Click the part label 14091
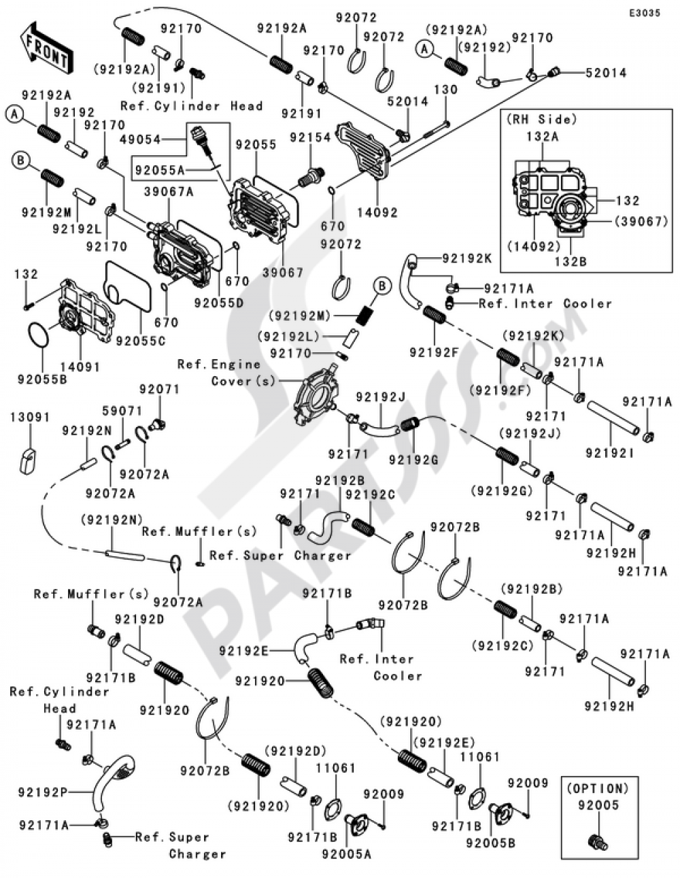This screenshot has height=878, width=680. (80, 367)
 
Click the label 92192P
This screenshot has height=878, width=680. (42, 792)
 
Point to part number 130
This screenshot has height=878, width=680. (446, 89)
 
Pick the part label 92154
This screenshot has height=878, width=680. (309, 137)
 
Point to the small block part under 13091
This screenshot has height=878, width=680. (28, 459)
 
